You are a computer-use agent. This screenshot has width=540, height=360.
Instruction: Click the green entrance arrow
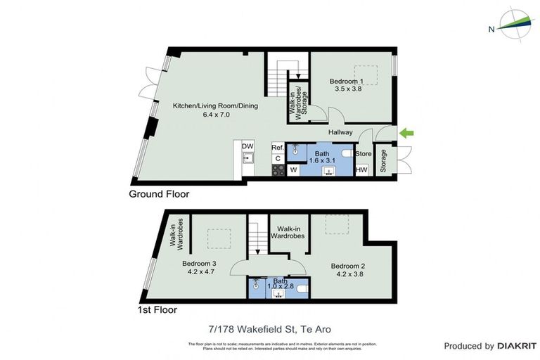tap(407, 133)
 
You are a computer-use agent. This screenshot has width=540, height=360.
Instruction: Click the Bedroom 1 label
tap(347, 81)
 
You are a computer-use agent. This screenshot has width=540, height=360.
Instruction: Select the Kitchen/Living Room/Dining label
tap(216, 106)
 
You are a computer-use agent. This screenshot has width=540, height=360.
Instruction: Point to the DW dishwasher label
tap(247, 146)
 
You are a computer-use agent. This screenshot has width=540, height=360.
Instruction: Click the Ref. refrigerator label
tap(278, 148)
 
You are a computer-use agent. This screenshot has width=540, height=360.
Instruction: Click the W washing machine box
tap(293, 169)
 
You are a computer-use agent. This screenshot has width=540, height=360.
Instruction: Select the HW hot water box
tap(362, 169)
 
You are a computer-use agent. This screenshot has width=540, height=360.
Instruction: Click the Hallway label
tap(340, 132)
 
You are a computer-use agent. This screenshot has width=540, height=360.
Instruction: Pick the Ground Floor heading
tap(159, 194)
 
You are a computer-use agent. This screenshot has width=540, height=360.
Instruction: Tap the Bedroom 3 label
tap(199, 264)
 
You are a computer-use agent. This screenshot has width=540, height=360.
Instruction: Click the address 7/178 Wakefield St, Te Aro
tap(269, 329)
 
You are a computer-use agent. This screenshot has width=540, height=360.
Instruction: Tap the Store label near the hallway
tap(364, 154)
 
